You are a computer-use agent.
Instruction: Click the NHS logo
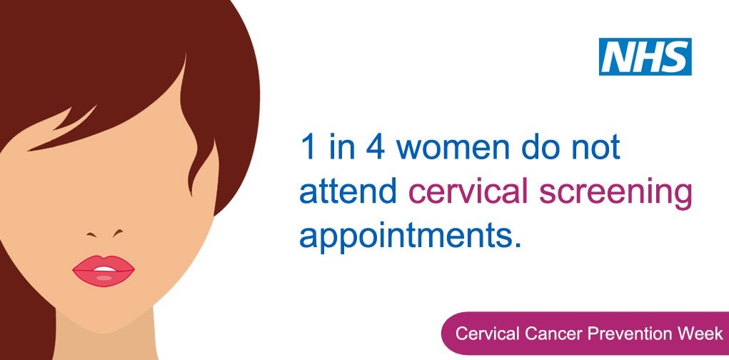click(x=645, y=56)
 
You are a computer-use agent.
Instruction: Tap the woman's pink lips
click(x=104, y=271)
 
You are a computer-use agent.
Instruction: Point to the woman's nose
click(x=105, y=233)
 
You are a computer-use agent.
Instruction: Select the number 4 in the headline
click(x=375, y=147)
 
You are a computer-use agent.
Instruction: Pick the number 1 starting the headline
click(x=308, y=147)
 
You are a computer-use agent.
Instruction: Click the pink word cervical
click(x=468, y=193)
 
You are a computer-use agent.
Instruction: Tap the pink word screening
click(x=615, y=195)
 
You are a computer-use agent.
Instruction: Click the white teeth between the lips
click(x=104, y=269)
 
